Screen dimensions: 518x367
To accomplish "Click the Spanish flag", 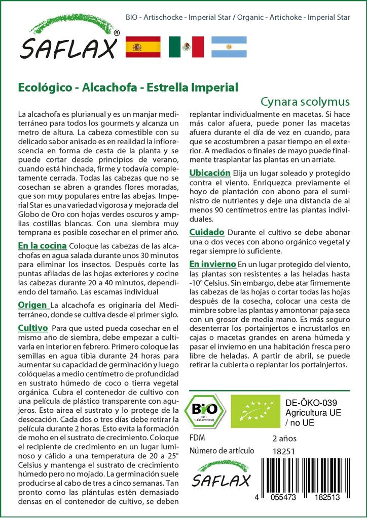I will [142, 47].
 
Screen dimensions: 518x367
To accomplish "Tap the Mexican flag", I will [186, 47].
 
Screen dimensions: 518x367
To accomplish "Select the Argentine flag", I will [229, 47].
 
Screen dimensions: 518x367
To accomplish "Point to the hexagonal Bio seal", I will [207, 410].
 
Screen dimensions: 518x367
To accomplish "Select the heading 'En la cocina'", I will [42, 246].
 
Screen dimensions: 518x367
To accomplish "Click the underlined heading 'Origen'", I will [33, 305].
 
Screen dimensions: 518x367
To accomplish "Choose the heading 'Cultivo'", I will [32, 328].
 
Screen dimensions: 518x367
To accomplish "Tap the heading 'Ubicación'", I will [210, 173].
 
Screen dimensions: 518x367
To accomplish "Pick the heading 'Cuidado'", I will [206, 232].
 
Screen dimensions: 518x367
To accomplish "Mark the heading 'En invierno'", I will [212, 264].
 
